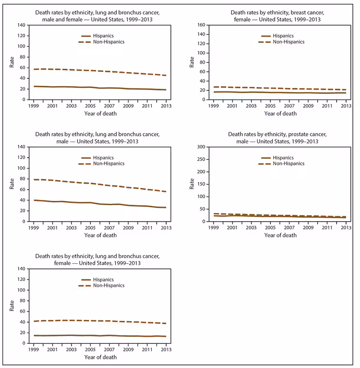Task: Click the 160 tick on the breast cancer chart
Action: [201, 25]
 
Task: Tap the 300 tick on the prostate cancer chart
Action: [201, 147]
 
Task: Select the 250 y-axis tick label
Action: [201, 159]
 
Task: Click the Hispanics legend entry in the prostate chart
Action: [277, 158]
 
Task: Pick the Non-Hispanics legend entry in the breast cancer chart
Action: [281, 42]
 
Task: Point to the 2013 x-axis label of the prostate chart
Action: [346, 228]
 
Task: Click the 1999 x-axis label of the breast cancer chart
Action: [213, 106]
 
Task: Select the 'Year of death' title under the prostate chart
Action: [280, 235]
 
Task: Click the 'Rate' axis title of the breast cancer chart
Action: [192, 62]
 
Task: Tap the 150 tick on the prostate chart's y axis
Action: [201, 184]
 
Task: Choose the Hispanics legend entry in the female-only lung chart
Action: [97, 280]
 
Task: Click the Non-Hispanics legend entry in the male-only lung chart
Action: [101, 164]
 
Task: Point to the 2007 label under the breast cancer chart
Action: [289, 106]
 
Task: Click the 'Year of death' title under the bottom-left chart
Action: [100, 357]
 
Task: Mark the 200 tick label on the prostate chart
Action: [201, 172]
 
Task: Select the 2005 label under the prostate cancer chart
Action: [270, 228]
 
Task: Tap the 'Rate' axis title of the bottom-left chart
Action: [12, 306]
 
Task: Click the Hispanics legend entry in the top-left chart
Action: [97, 36]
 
